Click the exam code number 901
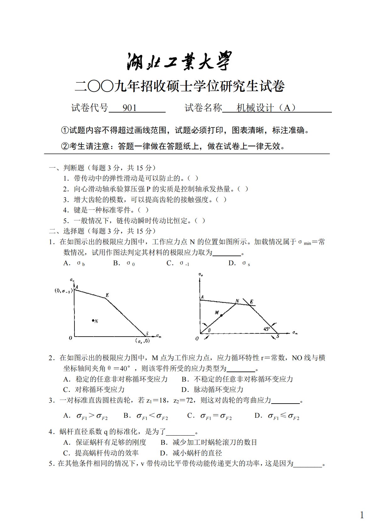tap(129, 108)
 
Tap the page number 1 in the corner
tap(362, 515)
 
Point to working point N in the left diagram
tap(93, 320)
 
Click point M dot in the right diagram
tap(221, 315)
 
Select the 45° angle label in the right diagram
tap(267, 329)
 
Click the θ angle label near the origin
tap(209, 330)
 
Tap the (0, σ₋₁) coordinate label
tap(63, 291)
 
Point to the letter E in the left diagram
tap(107, 295)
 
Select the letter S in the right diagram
tap(278, 336)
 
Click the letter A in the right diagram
tap(202, 297)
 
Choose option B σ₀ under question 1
tap(124, 263)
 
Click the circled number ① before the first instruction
tap(65, 130)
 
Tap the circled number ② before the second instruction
tap(65, 146)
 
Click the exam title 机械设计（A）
tap(266, 108)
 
